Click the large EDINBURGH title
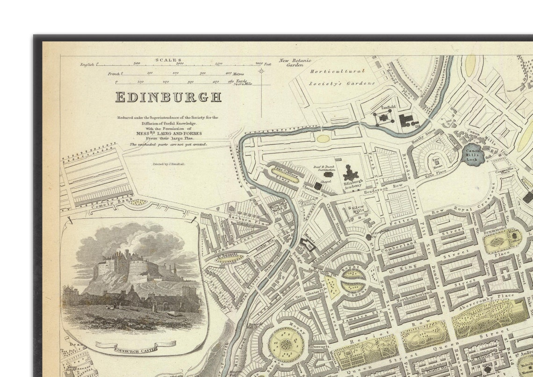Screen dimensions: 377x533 [168, 97]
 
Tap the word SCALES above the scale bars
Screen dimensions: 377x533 [169, 60]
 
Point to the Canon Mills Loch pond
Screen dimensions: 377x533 [473, 154]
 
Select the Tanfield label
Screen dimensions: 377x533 [388, 107]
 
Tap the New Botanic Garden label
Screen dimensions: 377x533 [295, 63]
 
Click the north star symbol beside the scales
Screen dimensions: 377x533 [261, 71]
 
